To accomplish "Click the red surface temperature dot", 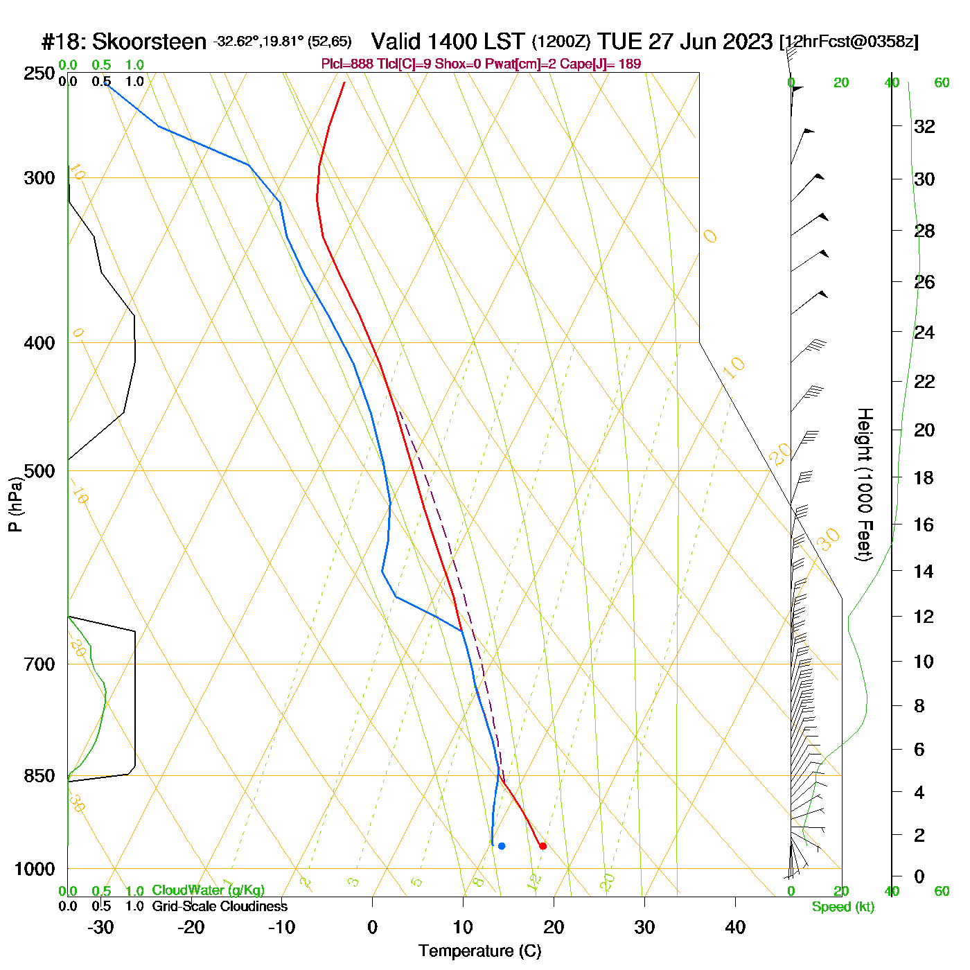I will point(543,846).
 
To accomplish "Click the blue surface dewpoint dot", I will point(502,846).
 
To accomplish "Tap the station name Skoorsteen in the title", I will point(149,42).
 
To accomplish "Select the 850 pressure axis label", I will point(39,776).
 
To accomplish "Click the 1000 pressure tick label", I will point(35,869).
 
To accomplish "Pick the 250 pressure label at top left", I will point(39,73).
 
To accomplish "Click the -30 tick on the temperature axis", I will point(101,927).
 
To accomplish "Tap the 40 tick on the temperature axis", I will point(735,927).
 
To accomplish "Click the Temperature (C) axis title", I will point(479,951).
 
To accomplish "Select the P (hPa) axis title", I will point(15,504).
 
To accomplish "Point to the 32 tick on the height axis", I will point(924,126).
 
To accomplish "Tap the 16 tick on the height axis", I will point(924,524).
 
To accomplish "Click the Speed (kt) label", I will point(843,907).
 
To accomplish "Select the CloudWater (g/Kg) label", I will point(208,890).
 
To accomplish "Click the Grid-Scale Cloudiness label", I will point(220,906).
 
